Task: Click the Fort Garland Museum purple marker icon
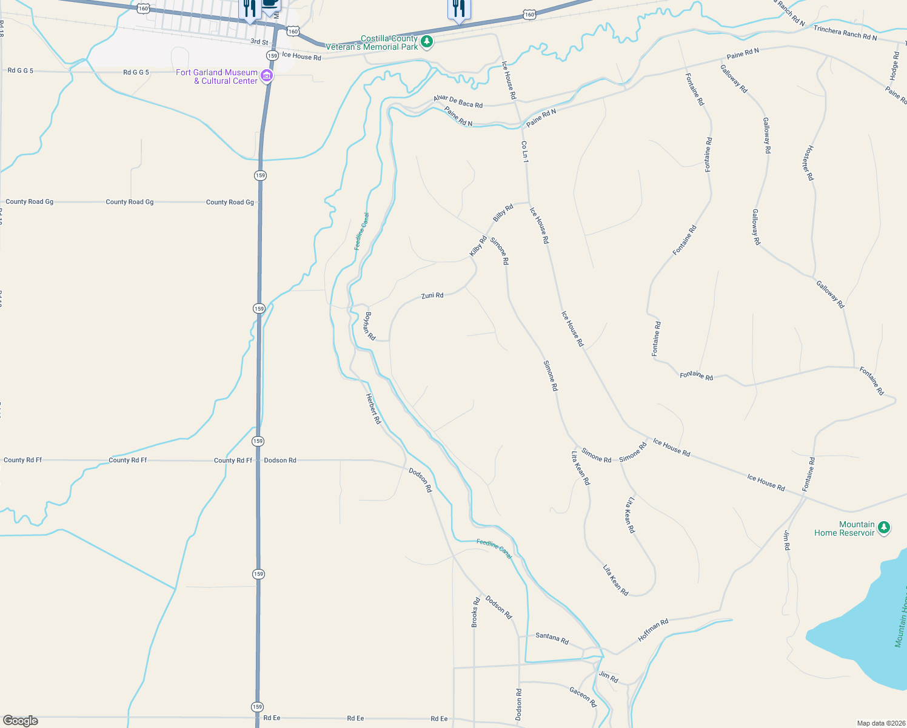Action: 266,76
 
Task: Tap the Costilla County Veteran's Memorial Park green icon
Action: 427,42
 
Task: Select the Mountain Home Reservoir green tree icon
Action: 884,528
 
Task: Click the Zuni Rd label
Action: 432,295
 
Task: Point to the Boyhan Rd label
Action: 370,326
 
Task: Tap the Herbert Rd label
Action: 373,408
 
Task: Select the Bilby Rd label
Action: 503,213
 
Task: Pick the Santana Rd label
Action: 552,638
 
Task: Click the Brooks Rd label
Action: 475,612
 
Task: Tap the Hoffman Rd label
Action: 653,630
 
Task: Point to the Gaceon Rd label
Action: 583,696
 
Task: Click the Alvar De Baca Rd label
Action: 458,101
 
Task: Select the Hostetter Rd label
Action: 808,163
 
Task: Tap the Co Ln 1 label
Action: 525,152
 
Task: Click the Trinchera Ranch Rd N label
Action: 845,33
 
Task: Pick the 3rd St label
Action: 259,42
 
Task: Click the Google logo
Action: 21,721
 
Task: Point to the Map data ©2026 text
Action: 879,723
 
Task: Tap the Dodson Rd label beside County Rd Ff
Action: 280,460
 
